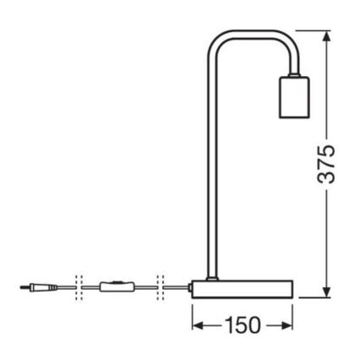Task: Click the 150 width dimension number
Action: coord(243,325)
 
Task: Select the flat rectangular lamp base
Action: coord(242,288)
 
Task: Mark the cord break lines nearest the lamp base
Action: coord(161,287)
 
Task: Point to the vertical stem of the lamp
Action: coord(210,169)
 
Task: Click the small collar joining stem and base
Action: coord(210,277)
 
